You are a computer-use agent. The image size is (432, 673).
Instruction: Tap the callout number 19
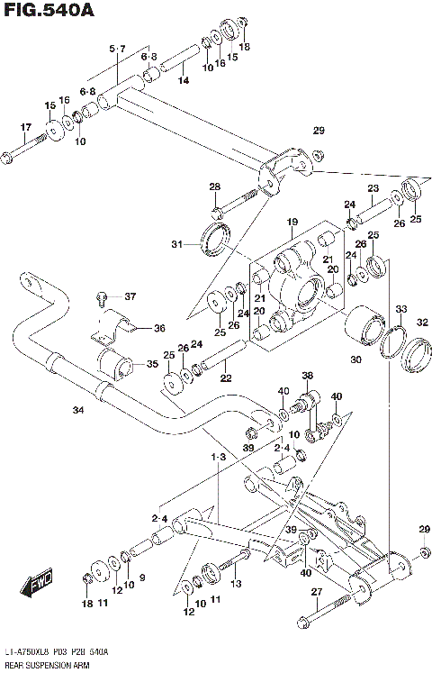(x=292, y=222)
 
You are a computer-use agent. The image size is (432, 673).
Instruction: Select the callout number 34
(x=78, y=411)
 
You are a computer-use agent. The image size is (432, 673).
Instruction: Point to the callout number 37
(x=130, y=296)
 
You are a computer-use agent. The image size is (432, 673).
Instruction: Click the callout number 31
(x=177, y=243)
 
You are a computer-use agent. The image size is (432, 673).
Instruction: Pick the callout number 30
(x=355, y=360)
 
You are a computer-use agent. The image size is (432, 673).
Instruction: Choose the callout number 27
(x=316, y=592)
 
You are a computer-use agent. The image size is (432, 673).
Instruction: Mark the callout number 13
(x=237, y=584)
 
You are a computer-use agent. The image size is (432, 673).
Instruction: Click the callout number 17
(x=24, y=127)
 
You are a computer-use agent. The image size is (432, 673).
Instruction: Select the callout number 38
(x=307, y=376)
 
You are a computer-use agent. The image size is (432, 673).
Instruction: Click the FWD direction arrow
(x=40, y=584)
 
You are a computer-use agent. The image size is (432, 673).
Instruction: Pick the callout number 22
(x=226, y=377)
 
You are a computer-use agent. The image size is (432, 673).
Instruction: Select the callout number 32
(x=421, y=323)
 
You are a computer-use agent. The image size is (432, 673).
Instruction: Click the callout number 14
(x=183, y=81)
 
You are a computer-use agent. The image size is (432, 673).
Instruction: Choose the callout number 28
(x=214, y=186)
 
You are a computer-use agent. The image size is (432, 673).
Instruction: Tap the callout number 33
(x=400, y=309)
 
